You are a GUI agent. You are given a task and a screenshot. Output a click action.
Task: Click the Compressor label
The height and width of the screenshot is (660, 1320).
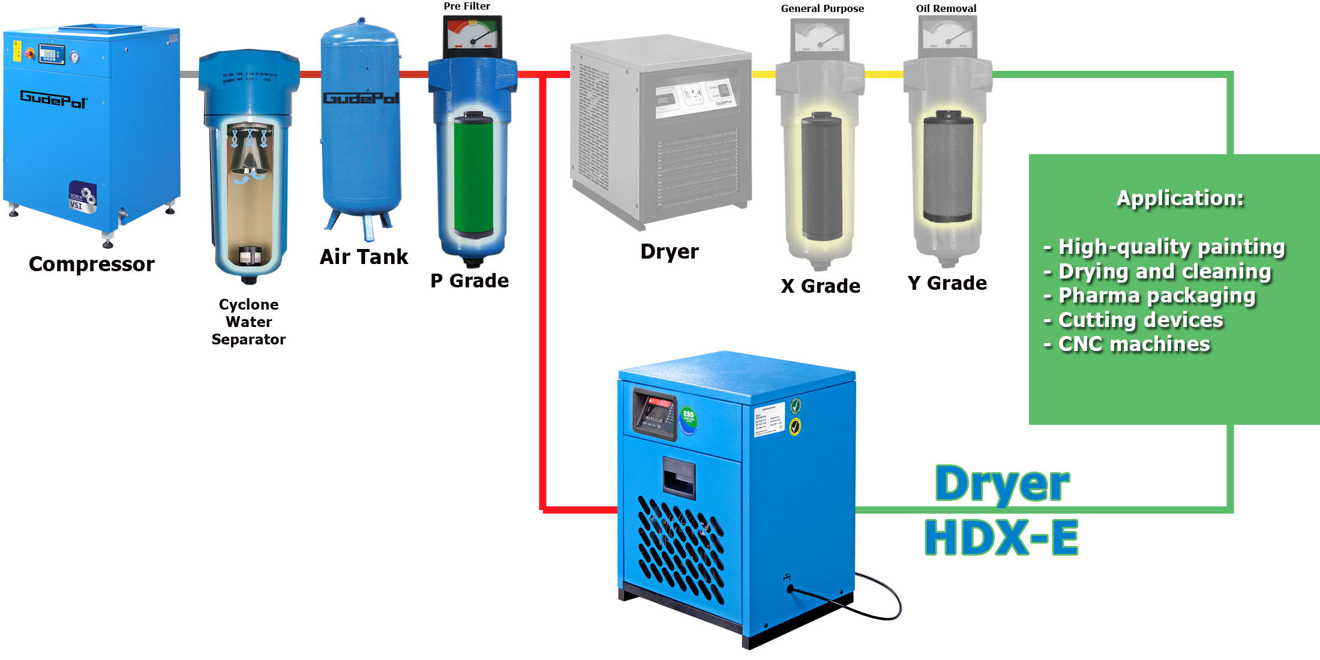coord(91,264)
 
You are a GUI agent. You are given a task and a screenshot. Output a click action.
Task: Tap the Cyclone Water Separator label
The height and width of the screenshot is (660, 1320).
coord(248,322)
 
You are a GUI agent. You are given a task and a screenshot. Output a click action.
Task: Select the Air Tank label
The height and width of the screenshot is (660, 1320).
coord(364,257)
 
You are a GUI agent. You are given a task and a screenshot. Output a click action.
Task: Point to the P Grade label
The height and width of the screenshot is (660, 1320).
coord(469,281)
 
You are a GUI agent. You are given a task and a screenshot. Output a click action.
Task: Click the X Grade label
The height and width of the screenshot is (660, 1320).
coord(820,286)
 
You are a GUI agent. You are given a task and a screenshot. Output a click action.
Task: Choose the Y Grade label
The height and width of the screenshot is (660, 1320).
coord(947,283)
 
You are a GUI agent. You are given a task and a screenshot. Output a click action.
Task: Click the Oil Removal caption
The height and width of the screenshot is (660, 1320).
coord(946,8)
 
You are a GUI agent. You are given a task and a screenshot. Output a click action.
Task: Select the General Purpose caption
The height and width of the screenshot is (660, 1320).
coord(822,8)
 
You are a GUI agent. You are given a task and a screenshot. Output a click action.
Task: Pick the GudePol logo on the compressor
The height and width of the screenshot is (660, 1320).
coord(53,99)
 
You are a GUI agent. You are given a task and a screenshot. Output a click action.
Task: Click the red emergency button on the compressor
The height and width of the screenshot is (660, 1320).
coord(29,54)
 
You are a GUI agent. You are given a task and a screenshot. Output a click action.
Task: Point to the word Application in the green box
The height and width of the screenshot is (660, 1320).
coord(1180,199)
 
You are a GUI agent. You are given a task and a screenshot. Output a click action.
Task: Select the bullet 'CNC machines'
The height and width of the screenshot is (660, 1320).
coord(1133,344)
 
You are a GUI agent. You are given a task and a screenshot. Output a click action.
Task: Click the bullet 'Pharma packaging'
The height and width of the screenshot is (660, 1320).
coord(1156,296)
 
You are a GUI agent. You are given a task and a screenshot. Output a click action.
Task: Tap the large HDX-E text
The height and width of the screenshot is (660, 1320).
coord(1001,538)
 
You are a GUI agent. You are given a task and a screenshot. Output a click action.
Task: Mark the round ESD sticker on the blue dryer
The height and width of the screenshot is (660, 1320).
coord(688,418)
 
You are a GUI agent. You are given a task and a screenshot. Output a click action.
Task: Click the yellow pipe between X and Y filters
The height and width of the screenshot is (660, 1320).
coord(883,74)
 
